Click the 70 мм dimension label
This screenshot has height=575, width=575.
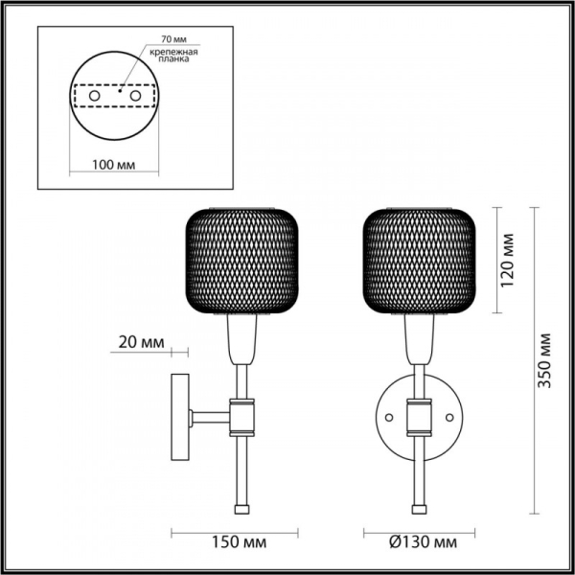(x=160, y=39)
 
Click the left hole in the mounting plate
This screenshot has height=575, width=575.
(x=93, y=97)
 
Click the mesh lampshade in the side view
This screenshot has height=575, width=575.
(x=240, y=259)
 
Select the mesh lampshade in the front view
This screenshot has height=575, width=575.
(x=420, y=259)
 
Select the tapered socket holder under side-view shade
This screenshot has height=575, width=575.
(x=241, y=340)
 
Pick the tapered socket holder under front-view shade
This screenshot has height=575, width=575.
(x=420, y=340)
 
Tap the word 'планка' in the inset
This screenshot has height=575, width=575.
(x=172, y=59)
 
